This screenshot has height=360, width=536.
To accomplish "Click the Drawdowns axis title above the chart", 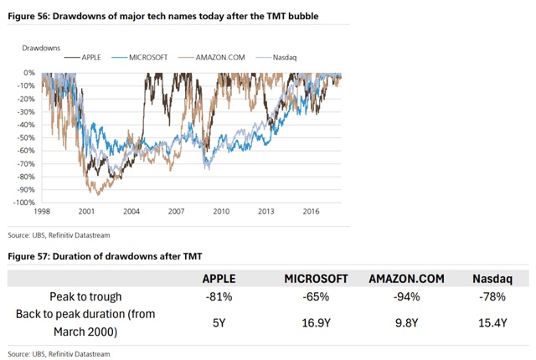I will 39,48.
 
